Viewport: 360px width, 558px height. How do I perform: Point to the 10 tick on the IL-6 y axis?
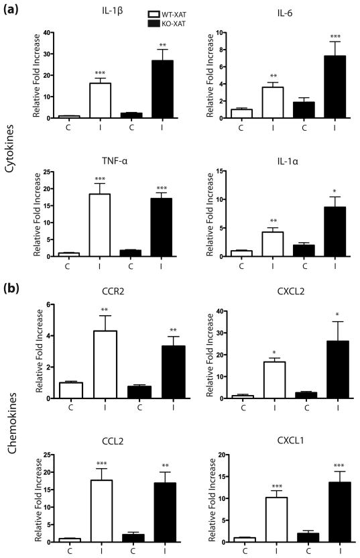click(x=230, y=32)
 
